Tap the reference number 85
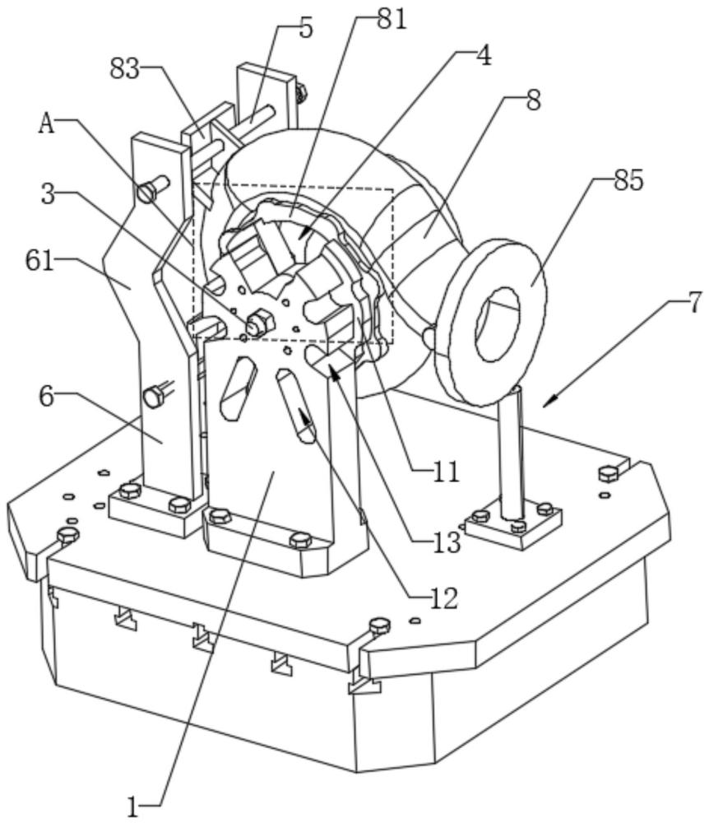628,181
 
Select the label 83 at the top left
125,68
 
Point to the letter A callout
47,124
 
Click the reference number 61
39,261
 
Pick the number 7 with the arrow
693,303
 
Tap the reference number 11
447,472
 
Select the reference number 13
447,542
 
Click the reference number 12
443,597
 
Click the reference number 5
306,28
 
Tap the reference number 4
484,54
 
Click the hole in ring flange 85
498,323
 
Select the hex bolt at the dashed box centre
258,323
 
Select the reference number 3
49,195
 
